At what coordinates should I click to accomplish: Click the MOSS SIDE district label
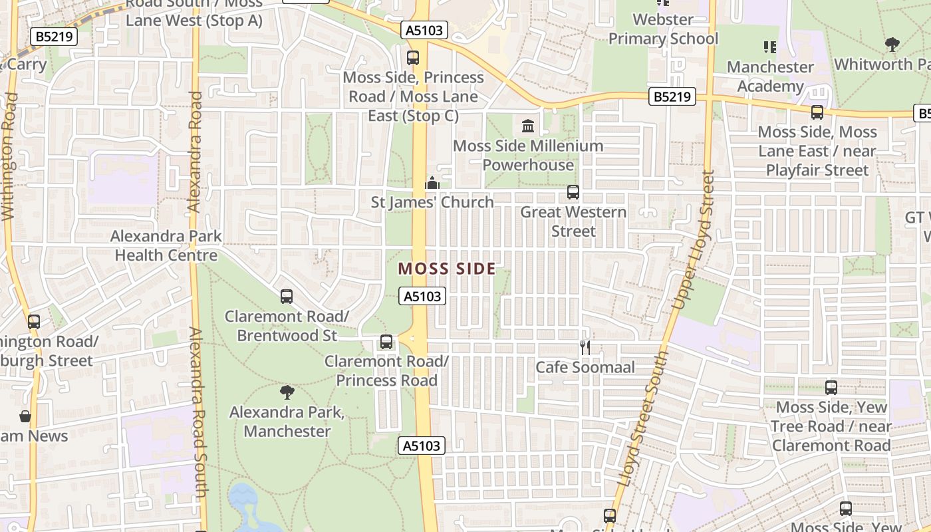coord(447,269)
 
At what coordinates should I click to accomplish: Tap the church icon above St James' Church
coord(432,182)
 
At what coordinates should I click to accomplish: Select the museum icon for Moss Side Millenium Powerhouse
coord(528,125)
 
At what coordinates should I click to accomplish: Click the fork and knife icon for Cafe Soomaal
coord(585,347)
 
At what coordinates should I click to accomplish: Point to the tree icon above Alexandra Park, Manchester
coord(287,392)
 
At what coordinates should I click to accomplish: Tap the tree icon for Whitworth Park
coord(892,45)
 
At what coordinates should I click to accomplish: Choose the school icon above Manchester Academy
coord(770,47)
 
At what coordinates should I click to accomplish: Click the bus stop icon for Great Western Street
coord(573,192)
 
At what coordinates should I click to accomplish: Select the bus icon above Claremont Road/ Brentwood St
coord(287,296)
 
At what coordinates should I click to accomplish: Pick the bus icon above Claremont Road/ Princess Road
coord(386,342)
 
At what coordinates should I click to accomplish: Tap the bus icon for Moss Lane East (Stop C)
coord(413,57)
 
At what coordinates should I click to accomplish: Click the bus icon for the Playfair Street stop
coord(817,112)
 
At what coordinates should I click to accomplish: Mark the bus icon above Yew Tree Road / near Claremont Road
coord(831,387)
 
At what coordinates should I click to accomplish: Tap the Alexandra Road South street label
coord(198,412)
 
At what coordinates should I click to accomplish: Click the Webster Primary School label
coord(663,29)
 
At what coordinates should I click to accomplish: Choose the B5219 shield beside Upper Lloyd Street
coord(672,97)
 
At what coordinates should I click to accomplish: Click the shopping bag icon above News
coord(25,417)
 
